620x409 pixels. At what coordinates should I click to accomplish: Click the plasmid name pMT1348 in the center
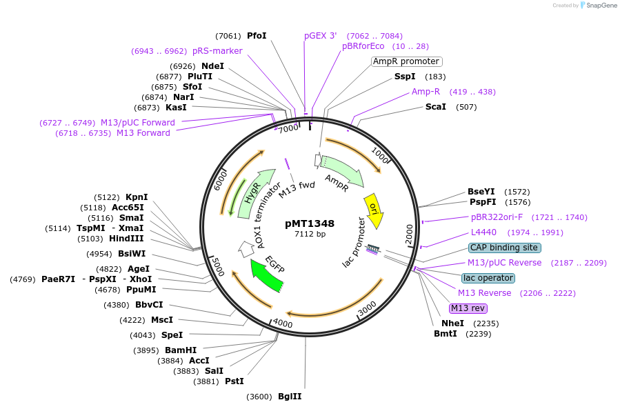[x=310, y=223]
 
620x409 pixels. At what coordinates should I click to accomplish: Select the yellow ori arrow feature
[x=374, y=210]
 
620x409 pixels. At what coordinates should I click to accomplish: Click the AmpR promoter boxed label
[x=406, y=61]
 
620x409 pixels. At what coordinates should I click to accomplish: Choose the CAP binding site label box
[x=504, y=248]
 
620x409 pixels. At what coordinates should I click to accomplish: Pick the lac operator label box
[x=488, y=278]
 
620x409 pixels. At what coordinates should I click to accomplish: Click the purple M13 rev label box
[x=468, y=308]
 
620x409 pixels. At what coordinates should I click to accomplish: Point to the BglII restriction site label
[x=290, y=397]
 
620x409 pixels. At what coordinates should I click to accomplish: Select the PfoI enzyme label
[x=257, y=36]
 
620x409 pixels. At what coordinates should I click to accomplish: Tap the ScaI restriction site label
[x=436, y=107]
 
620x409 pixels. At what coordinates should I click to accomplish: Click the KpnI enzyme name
[x=137, y=197]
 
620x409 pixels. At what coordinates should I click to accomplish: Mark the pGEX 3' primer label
[x=321, y=36]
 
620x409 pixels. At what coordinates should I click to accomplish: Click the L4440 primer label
[x=483, y=232]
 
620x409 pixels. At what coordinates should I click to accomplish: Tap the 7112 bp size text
[x=310, y=235]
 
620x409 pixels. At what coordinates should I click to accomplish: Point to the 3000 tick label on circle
[x=367, y=306]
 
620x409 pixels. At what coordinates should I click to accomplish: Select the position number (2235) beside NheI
[x=486, y=323]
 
